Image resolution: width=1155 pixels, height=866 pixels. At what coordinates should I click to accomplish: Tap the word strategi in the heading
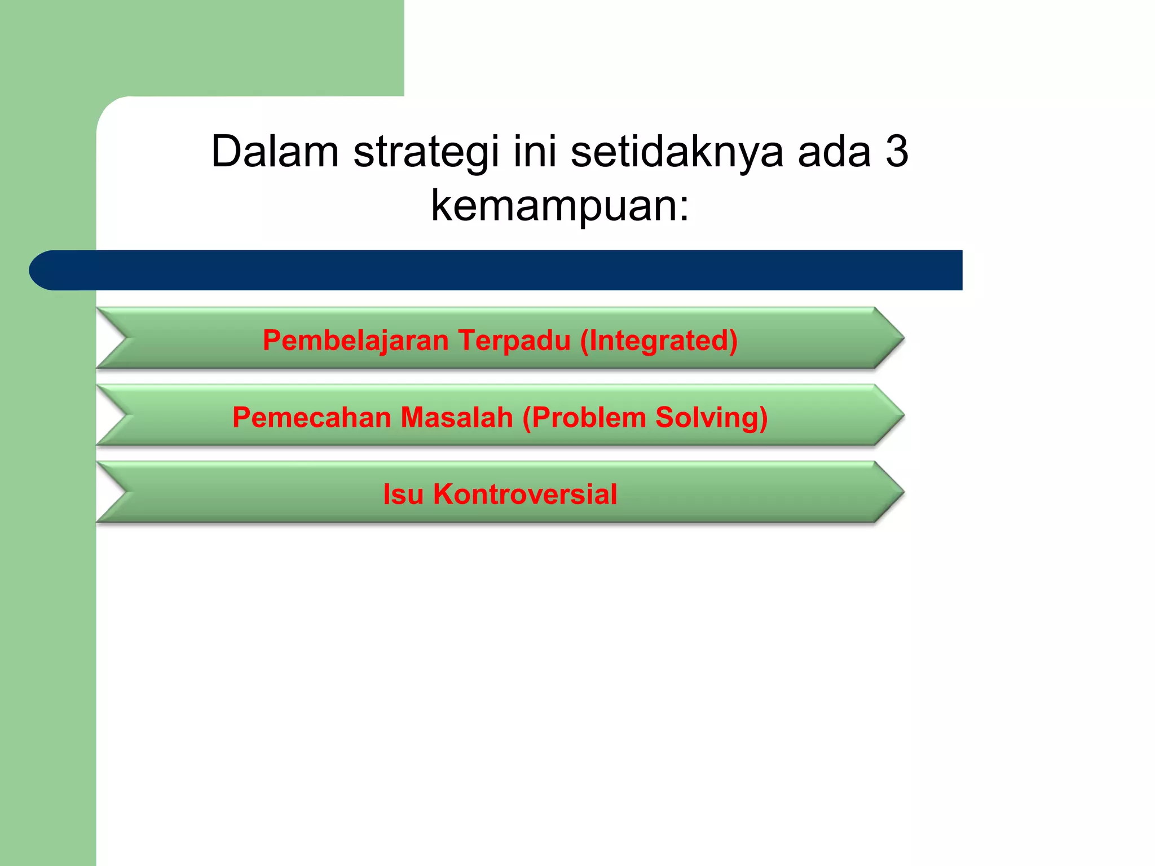pos(426,152)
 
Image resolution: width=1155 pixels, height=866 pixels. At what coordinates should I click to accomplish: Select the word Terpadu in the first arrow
pos(514,341)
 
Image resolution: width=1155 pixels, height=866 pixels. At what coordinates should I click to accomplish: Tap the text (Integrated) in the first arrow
pos(659,341)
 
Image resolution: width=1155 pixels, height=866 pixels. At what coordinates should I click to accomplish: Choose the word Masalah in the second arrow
pos(457,418)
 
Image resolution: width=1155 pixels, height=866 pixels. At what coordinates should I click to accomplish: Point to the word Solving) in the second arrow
pos(711,418)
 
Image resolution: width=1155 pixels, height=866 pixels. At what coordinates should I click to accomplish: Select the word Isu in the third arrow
pos(403,494)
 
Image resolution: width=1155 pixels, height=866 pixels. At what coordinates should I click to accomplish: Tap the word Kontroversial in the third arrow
pos(525,494)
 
